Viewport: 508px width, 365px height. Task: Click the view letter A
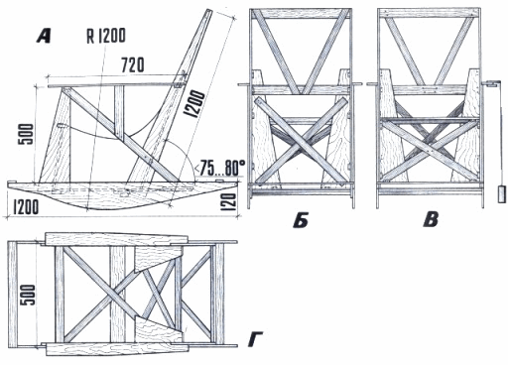(x=44, y=36)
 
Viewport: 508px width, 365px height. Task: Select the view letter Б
(x=301, y=220)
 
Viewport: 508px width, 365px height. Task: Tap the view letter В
(x=431, y=220)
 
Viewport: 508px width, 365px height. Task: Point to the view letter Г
(x=256, y=340)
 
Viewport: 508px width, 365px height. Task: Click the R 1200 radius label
(x=106, y=36)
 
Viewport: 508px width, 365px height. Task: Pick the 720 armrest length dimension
(x=133, y=65)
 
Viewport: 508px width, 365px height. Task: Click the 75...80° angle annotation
(x=220, y=169)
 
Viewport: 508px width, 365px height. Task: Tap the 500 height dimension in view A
(x=26, y=134)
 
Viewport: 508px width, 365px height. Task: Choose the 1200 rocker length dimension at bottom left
(x=26, y=207)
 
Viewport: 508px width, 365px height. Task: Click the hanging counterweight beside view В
(x=502, y=194)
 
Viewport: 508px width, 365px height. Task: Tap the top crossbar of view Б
(x=301, y=13)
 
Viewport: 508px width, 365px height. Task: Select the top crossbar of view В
(x=430, y=13)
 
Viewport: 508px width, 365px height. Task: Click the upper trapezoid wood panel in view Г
(x=158, y=257)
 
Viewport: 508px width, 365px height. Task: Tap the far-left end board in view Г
(x=12, y=295)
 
